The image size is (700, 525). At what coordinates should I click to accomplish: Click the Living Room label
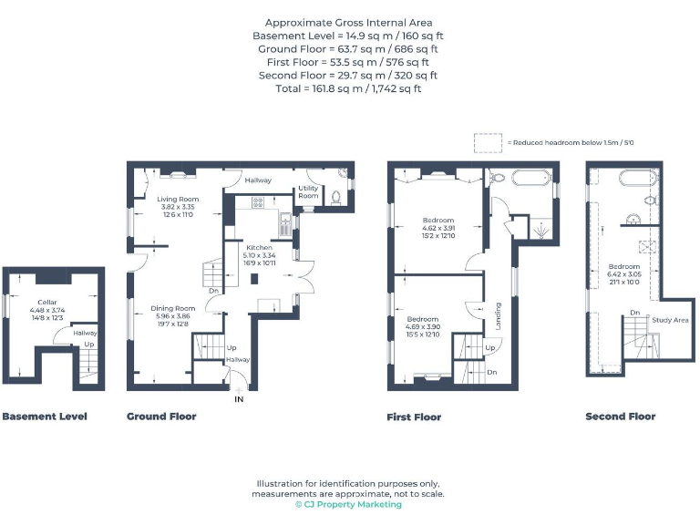[177, 199]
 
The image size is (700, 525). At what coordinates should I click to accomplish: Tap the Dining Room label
[173, 308]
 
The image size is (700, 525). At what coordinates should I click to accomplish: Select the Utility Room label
[308, 192]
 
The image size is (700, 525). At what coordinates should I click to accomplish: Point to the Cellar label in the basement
[47, 302]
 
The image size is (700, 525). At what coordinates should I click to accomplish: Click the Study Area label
[670, 320]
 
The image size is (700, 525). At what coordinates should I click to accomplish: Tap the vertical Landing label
[498, 314]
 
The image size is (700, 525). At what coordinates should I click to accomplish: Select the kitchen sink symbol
[285, 220]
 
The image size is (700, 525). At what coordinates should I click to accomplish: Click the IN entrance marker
[239, 399]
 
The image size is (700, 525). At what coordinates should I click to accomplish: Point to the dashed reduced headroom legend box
[488, 143]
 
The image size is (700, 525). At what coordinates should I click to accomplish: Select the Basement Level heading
[45, 417]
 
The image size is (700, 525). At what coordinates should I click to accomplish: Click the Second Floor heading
[620, 417]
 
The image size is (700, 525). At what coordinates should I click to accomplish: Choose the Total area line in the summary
[348, 88]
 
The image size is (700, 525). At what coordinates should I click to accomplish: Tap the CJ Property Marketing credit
[348, 505]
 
